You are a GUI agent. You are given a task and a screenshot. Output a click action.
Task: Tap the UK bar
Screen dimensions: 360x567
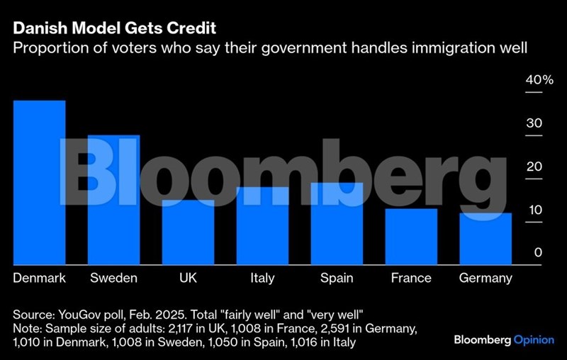pyautogui.click(x=188, y=232)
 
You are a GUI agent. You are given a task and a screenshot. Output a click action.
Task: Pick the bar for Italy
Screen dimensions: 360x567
pyautogui.click(x=262, y=226)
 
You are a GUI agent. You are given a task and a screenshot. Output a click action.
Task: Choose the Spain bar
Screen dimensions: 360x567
pyautogui.click(x=337, y=224)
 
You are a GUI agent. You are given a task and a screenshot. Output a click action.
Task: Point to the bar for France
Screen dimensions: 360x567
pyautogui.click(x=411, y=237)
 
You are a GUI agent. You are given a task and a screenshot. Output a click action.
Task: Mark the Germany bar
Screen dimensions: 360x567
pyautogui.click(x=485, y=239)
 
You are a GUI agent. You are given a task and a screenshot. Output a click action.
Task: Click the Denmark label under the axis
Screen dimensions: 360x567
pyautogui.click(x=40, y=278)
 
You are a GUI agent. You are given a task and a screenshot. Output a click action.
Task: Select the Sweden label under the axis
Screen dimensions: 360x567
pyautogui.click(x=113, y=278)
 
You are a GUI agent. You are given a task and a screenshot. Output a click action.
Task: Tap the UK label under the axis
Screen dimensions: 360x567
pyautogui.click(x=188, y=278)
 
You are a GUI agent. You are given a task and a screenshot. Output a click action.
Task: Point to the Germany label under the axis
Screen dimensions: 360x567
pyautogui.click(x=485, y=278)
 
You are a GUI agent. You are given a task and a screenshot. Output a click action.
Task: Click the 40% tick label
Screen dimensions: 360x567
pyautogui.click(x=539, y=80)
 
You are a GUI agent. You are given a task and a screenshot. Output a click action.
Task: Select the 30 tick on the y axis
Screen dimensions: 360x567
pyautogui.click(x=534, y=123)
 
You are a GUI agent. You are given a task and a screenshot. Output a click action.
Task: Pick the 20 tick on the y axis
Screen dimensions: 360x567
pyautogui.click(x=534, y=167)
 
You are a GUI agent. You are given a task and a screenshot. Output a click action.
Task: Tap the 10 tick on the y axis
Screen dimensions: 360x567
pyautogui.click(x=534, y=210)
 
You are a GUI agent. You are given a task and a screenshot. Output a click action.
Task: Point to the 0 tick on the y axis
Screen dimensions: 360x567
pyautogui.click(x=538, y=253)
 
